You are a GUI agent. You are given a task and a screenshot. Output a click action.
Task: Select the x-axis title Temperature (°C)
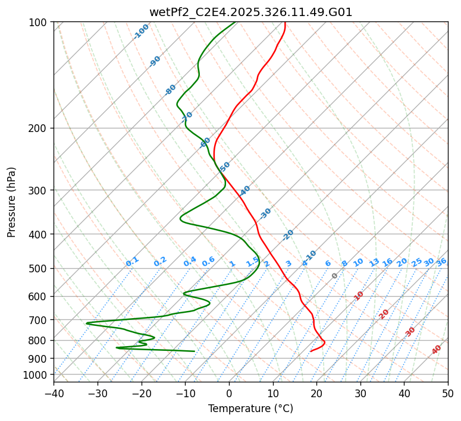(250, 409)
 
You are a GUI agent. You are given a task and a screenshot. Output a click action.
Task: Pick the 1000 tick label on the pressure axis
(36, 375)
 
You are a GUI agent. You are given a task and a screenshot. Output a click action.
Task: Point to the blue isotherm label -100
(142, 32)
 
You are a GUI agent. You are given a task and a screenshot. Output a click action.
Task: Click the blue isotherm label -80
(171, 90)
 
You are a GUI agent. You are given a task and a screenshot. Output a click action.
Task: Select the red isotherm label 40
(437, 350)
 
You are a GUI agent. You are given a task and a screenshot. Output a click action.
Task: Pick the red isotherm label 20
(384, 313)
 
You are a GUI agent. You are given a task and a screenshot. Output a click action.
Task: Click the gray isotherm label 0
(335, 276)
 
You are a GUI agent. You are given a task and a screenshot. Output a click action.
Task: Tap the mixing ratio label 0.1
(132, 261)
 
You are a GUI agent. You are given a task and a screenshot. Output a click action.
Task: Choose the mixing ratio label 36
(441, 262)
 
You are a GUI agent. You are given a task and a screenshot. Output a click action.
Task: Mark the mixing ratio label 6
(328, 263)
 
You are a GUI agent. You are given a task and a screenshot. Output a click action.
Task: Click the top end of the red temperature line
(285, 23)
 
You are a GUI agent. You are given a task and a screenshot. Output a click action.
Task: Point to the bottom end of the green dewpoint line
(195, 351)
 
